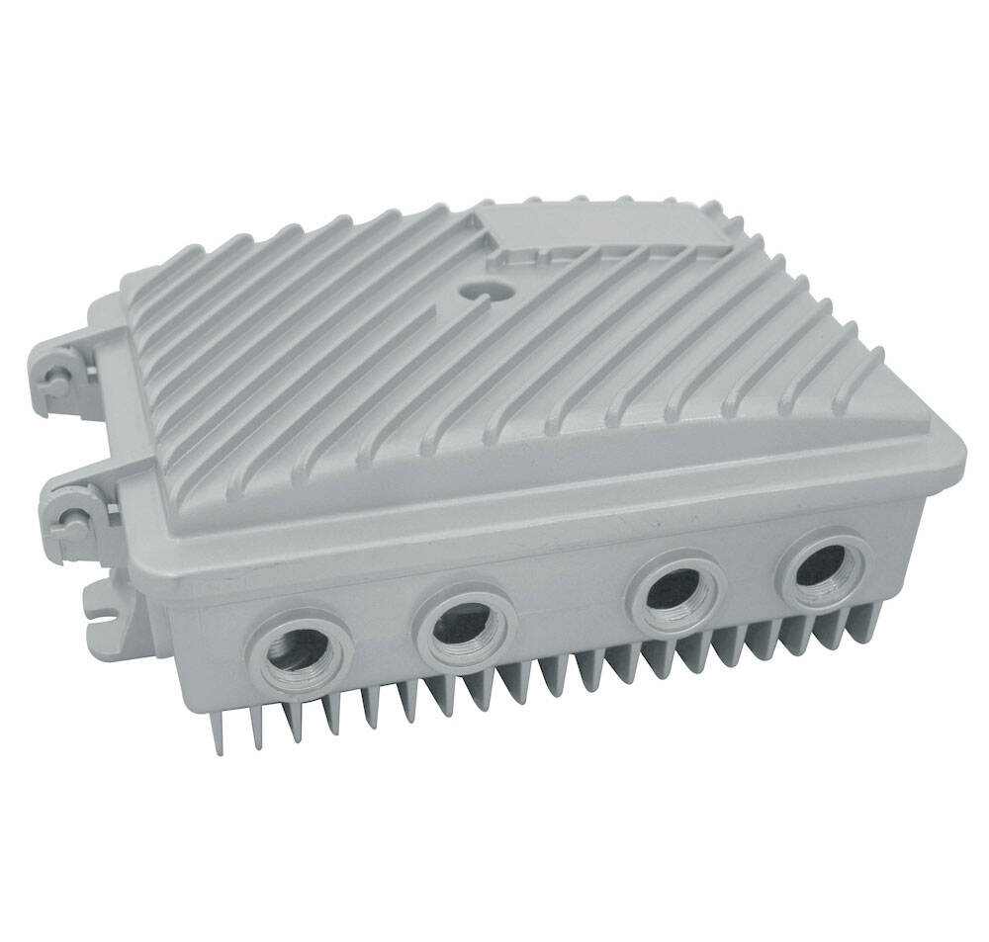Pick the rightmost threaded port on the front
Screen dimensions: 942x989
[822, 567]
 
